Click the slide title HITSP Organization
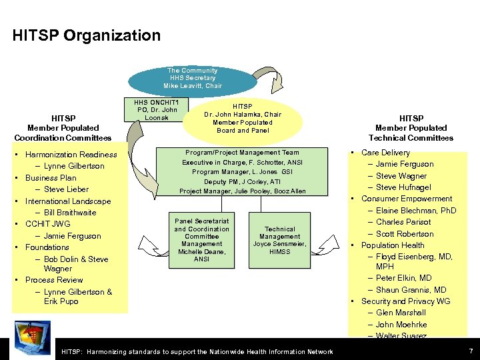point(87,36)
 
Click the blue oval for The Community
point(192,79)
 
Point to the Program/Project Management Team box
point(242,172)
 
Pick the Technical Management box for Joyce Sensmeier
point(280,240)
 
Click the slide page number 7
point(471,351)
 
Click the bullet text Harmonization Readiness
point(71,155)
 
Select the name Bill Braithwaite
point(70,213)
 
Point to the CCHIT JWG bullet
point(47,224)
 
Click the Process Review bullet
point(54,280)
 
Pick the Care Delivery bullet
point(385,153)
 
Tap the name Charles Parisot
point(404,222)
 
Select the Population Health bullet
point(393,245)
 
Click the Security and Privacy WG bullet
point(405,301)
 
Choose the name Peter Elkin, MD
point(403,278)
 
